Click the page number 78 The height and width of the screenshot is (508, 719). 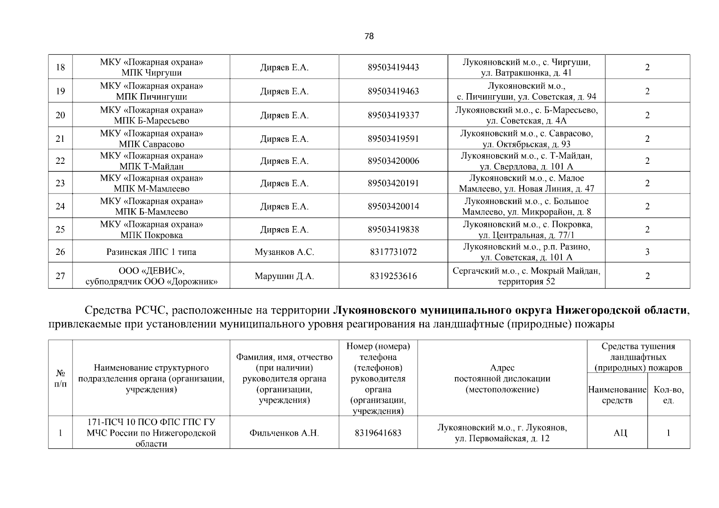(369, 36)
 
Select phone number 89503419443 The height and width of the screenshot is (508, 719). (393, 67)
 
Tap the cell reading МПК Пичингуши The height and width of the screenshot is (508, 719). (151, 97)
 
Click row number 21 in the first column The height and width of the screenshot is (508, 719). (60, 139)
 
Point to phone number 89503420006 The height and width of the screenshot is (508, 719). (393, 161)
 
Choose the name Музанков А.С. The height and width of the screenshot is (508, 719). (284, 252)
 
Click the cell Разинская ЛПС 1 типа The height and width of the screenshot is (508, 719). (151, 252)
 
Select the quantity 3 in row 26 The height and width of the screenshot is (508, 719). (647, 252)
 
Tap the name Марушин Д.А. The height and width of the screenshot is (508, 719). (284, 276)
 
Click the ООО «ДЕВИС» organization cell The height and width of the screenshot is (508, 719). (151, 276)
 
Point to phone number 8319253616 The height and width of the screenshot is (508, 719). (393, 276)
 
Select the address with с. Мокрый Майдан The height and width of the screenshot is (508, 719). (526, 276)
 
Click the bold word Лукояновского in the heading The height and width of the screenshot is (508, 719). (374, 311)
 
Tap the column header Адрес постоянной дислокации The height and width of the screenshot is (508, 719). (502, 378)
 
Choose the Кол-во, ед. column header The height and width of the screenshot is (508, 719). (668, 395)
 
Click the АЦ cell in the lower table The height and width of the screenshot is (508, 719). (617, 433)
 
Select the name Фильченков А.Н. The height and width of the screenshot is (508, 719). (284, 433)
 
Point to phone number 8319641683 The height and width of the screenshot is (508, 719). (378, 433)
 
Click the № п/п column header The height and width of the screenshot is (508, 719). (60, 378)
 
